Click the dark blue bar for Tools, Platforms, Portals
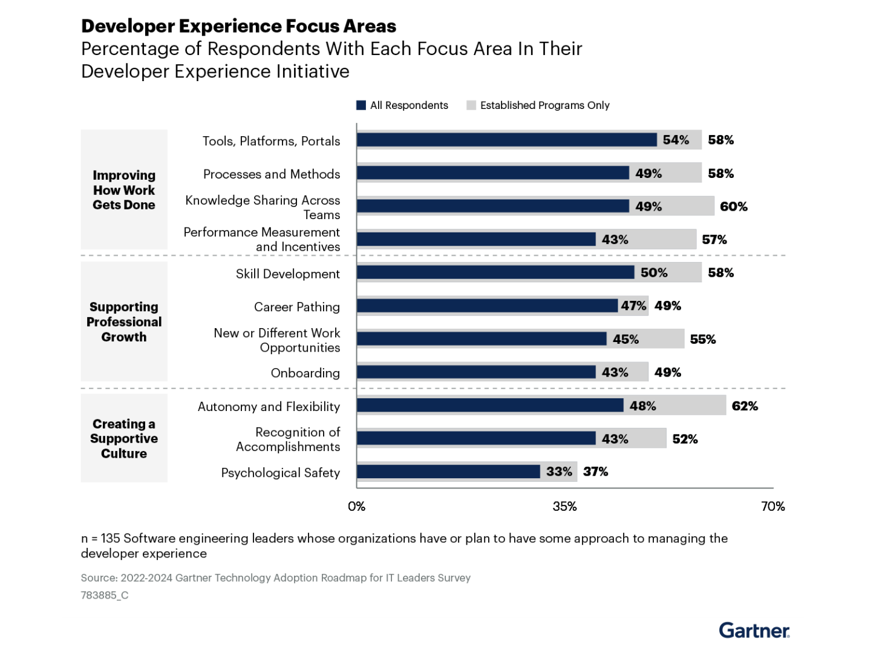[x=506, y=140]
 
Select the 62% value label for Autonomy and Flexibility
[x=745, y=406]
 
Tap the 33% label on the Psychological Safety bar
[x=559, y=472]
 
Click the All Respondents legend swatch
[x=361, y=105]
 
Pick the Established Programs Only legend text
[x=544, y=105]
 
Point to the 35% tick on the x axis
[x=564, y=506]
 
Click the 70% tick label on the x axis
[x=772, y=506]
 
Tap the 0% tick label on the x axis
[x=356, y=506]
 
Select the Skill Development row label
[x=288, y=274]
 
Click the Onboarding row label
[x=305, y=373]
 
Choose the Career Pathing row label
[x=296, y=307]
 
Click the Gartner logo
[x=754, y=631]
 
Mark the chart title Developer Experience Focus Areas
[x=238, y=26]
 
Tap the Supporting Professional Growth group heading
[x=124, y=322]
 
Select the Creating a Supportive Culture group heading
[x=124, y=439]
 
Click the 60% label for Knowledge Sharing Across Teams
[x=733, y=206]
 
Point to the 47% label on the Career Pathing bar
[x=633, y=306]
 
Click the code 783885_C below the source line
[x=105, y=595]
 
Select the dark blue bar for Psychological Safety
[x=448, y=472]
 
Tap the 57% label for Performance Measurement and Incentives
[x=714, y=240]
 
